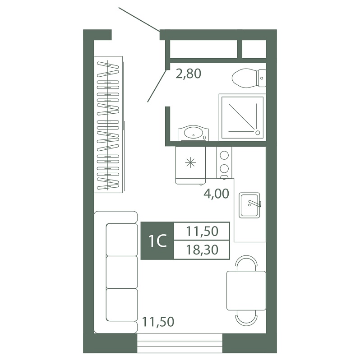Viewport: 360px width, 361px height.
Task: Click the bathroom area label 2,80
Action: point(188,74)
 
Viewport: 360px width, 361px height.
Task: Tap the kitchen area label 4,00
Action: point(217,194)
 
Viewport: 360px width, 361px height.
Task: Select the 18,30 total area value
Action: point(202,250)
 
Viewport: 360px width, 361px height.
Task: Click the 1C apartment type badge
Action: point(158,241)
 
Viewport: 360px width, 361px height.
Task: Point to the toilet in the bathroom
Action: point(249,78)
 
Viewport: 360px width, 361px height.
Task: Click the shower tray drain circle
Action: point(258,133)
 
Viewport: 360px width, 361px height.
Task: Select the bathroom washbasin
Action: point(193,133)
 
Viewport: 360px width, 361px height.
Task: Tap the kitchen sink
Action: point(249,205)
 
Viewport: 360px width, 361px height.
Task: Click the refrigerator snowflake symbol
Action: point(190,163)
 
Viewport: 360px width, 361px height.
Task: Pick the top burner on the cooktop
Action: point(224,155)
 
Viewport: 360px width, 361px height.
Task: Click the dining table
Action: point(246,291)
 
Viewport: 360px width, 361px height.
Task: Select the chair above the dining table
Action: point(246,264)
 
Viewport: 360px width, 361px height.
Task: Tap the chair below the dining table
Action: point(246,318)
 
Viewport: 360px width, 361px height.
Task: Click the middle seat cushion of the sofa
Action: point(122,272)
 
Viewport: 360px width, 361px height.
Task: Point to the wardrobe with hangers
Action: point(108,125)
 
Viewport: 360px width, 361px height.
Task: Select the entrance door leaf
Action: point(139,19)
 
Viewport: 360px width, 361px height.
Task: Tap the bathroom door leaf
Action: point(157,86)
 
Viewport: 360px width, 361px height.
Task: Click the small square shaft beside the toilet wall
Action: point(254,49)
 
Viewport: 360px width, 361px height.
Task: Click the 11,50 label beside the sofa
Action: point(158,322)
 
